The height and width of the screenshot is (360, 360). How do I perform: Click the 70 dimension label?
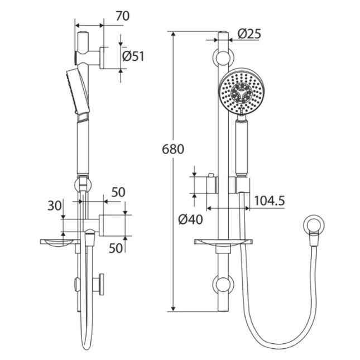coord(122,16)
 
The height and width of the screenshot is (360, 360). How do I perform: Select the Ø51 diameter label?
coord(133,56)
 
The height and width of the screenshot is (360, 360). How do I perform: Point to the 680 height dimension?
coord(173,150)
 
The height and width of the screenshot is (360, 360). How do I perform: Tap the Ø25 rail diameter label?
coord(249,34)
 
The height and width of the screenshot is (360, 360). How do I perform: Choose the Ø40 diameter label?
coord(190,219)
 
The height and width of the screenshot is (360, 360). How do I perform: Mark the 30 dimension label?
coord(54,205)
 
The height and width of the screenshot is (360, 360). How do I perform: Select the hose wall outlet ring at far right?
coord(314,226)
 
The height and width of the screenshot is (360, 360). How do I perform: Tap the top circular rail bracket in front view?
coord(223,57)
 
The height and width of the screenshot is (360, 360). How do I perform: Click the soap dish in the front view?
coord(223,242)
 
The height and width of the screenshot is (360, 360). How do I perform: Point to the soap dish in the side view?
coord(57,242)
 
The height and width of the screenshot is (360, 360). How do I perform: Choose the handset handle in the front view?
coord(242,148)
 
